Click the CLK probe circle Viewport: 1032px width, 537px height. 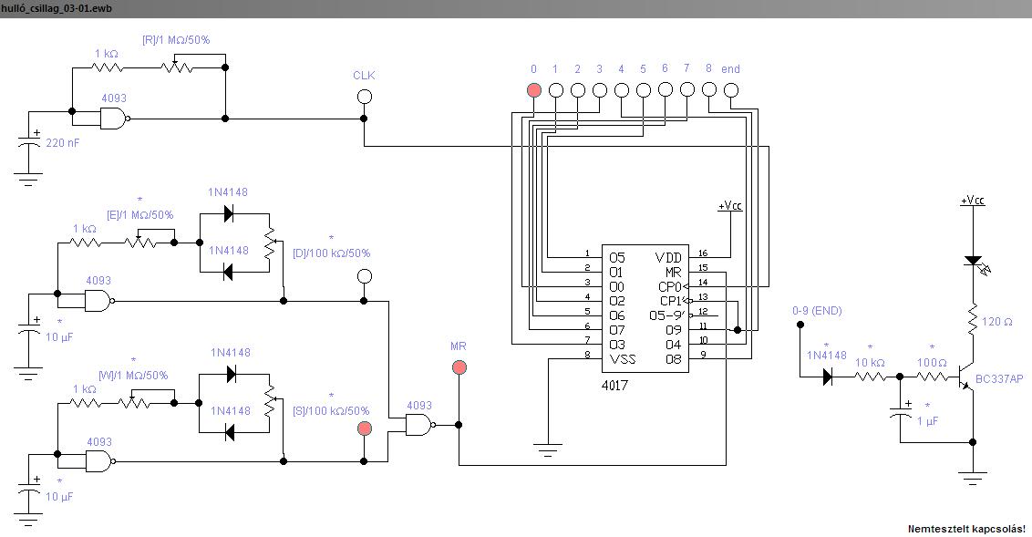tap(364, 97)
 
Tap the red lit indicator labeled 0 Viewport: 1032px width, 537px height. tap(533, 90)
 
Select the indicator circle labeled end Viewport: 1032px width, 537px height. tap(731, 90)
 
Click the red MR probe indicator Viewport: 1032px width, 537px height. tap(459, 367)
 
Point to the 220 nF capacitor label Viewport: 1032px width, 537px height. tap(63, 143)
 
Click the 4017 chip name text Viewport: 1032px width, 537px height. tap(614, 386)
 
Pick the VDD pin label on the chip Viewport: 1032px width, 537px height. tap(668, 258)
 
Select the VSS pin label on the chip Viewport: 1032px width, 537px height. tap(623, 359)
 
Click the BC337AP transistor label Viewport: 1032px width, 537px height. tap(999, 379)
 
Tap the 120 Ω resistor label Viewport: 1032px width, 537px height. tap(997, 322)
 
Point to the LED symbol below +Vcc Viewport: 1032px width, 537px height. tap(974, 263)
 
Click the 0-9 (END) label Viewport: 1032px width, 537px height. tap(818, 311)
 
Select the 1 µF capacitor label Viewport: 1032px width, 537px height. tap(927, 421)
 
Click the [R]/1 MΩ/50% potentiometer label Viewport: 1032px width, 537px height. tap(176, 40)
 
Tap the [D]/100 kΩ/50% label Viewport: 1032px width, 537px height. tap(332, 253)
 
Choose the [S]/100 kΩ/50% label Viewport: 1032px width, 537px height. tap(331, 411)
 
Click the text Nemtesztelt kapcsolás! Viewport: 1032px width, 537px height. tap(967, 529)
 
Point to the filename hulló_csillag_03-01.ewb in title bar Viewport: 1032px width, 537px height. tap(56, 8)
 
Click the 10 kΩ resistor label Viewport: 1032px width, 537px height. tap(870, 363)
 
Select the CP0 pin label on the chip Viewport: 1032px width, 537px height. tap(671, 287)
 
